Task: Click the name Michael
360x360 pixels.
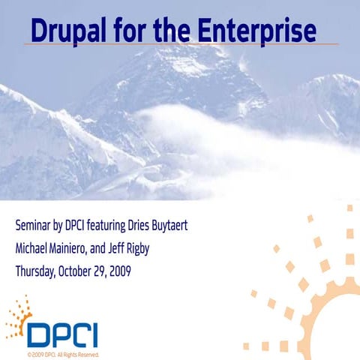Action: pyautogui.click(x=34, y=247)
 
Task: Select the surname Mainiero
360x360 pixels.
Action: pyautogui.click(x=85, y=247)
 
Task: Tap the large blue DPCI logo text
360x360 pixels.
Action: pyautogui.click(x=63, y=334)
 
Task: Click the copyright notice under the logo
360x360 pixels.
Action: pyautogui.click(x=62, y=354)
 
